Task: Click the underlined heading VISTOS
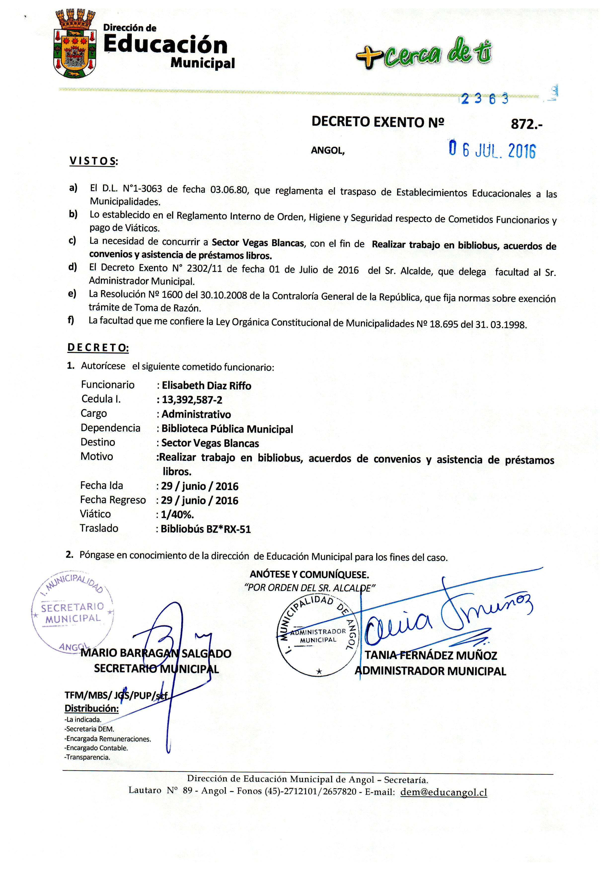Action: [x=93, y=161]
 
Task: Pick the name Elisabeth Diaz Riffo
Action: [x=206, y=386]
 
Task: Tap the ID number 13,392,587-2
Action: [x=192, y=400]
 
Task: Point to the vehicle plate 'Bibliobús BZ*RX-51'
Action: [x=206, y=529]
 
